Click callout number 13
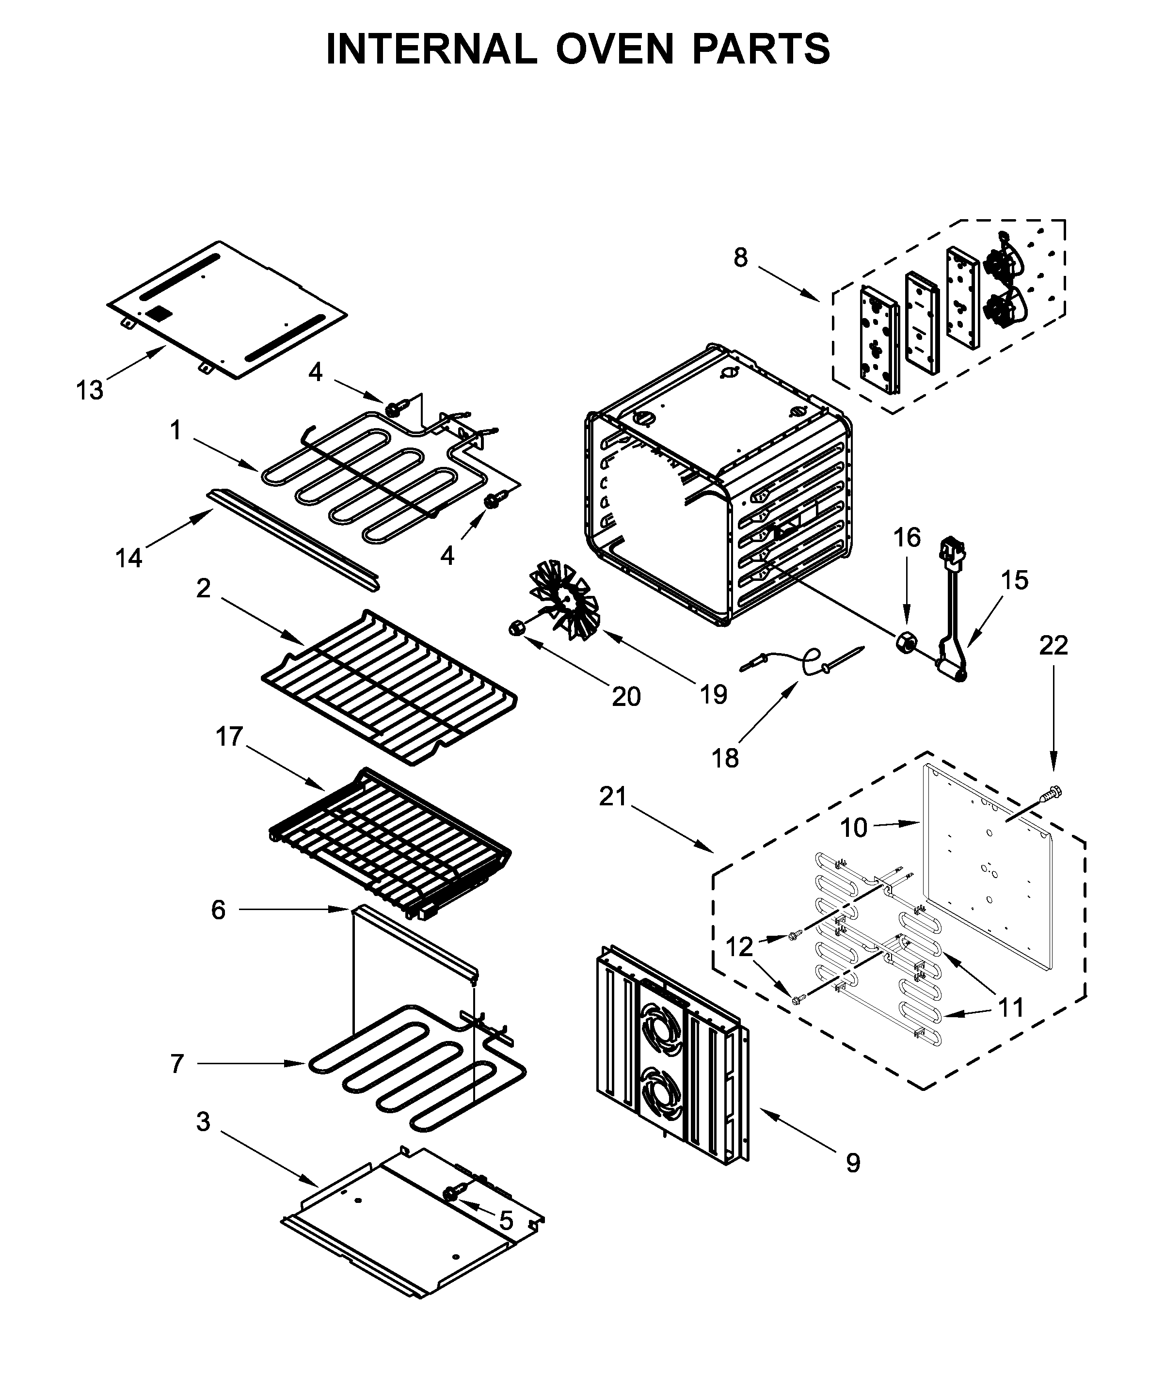(x=90, y=391)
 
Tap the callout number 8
(x=740, y=257)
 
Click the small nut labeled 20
(x=516, y=628)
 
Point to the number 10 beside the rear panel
(x=854, y=828)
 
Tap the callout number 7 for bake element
(x=177, y=1064)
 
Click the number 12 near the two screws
(x=740, y=947)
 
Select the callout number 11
(x=1011, y=1008)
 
